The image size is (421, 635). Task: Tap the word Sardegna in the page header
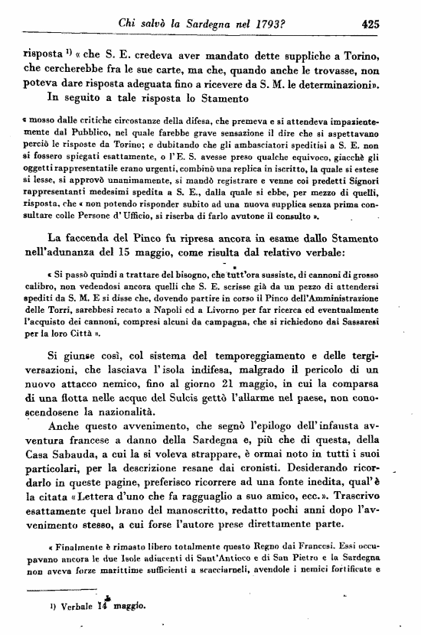[217, 24]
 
